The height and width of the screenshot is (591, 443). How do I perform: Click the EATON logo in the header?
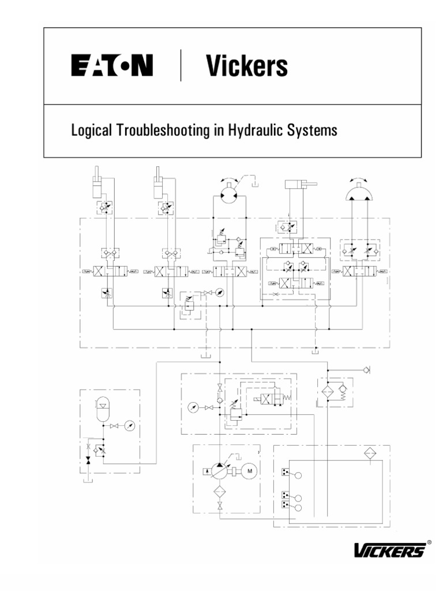click(112, 65)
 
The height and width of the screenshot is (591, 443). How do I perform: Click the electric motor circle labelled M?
click(250, 470)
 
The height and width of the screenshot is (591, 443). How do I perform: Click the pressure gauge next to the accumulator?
click(131, 426)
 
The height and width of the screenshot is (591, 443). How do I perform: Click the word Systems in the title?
click(317, 131)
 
